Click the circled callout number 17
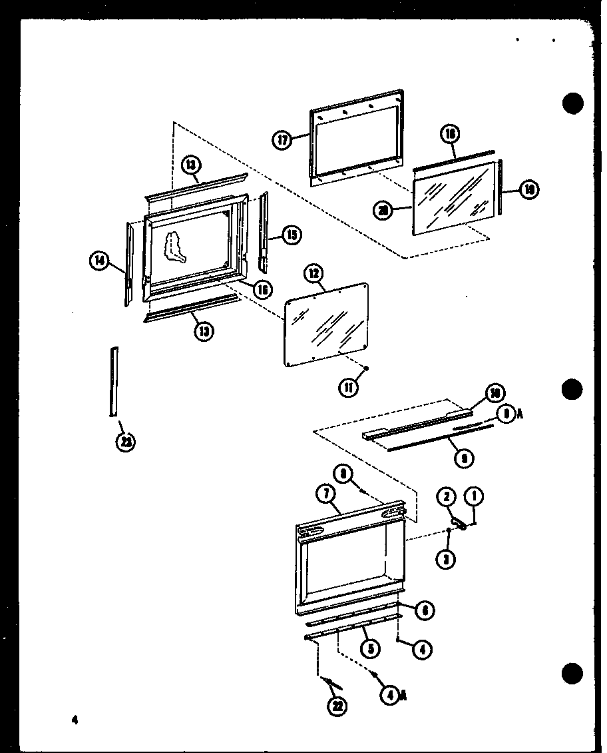pos(283,140)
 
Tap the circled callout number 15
pos(290,234)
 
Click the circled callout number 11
pos(349,386)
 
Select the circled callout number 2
pos(446,496)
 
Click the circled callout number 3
pos(447,559)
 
